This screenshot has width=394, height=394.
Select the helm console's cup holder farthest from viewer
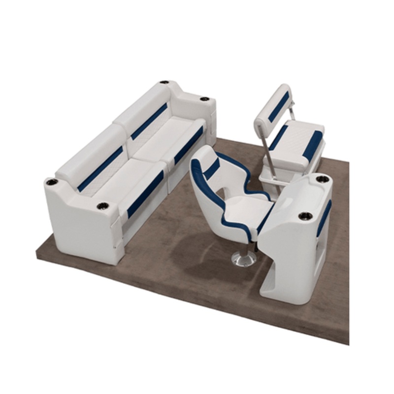322,179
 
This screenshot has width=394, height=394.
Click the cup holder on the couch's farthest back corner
164,82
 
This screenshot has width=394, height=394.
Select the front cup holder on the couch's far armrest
204,99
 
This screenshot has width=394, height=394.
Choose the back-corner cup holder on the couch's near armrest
52,182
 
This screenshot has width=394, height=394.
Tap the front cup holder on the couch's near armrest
102,205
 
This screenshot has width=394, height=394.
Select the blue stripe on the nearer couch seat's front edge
145,194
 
